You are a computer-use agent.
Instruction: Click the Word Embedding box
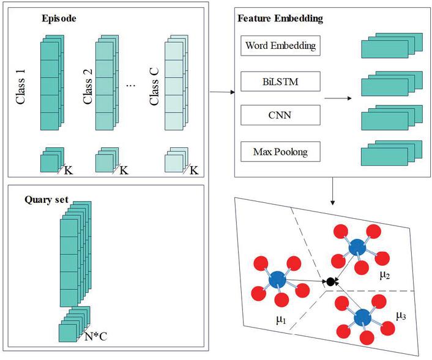[x=281, y=45]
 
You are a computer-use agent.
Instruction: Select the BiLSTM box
[x=281, y=80]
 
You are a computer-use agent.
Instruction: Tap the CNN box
[x=281, y=114]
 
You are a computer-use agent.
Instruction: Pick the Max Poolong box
[x=281, y=150]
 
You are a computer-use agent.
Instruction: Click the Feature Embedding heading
[x=280, y=18]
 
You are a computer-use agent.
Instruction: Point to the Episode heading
[x=59, y=18]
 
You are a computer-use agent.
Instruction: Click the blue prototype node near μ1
[x=278, y=278]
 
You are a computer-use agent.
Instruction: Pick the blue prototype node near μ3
[x=363, y=317]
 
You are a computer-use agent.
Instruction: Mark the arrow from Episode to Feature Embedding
[x=222, y=92]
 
